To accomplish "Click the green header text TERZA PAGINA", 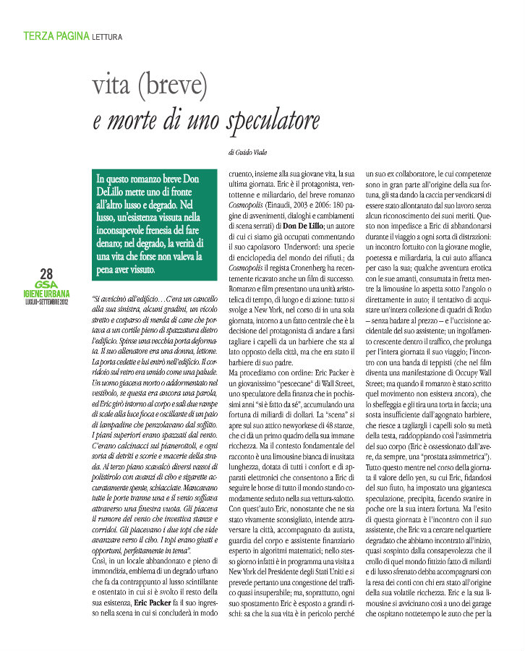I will pyautogui.click(x=56, y=35).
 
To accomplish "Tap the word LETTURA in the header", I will pyautogui.click(x=107, y=35).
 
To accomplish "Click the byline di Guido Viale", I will pyautogui.click(x=251, y=153).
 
